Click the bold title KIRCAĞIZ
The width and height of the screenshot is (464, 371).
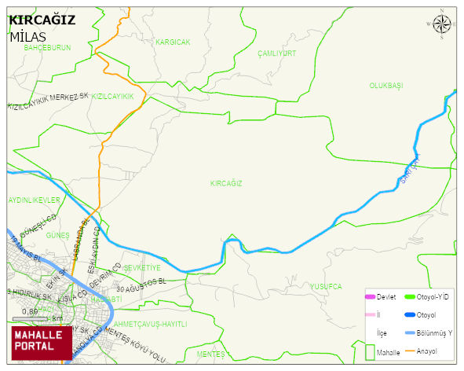tap(42, 20)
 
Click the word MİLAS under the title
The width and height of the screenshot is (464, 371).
tap(28, 37)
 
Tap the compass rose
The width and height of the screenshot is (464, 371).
tap(443, 25)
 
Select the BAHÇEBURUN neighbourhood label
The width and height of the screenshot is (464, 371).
tap(47, 48)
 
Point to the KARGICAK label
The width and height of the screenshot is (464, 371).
tap(173, 42)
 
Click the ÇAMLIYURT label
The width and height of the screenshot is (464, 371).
tap(276, 53)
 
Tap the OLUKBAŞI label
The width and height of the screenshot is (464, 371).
tap(385, 85)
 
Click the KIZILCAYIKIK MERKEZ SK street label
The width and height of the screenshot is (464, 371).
tap(47, 101)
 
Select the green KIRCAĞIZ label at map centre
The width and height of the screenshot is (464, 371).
tap(226, 183)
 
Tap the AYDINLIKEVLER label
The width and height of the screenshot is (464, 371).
tap(34, 200)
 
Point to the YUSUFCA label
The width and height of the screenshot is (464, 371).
tap(325, 286)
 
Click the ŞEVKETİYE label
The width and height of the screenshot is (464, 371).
tap(142, 268)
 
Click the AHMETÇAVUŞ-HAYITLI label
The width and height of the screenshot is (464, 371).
tap(150, 324)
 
